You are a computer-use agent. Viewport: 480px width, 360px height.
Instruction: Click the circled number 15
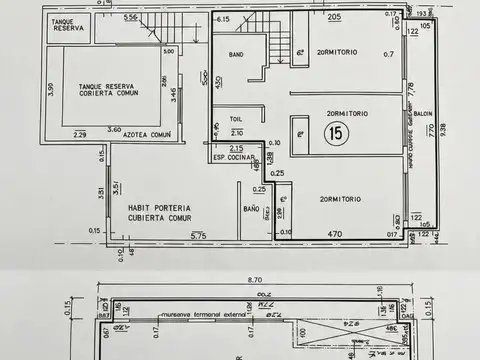[x=331, y=130]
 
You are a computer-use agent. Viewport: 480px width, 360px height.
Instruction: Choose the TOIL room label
[x=235, y=117]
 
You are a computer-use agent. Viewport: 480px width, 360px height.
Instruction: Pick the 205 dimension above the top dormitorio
[x=333, y=17]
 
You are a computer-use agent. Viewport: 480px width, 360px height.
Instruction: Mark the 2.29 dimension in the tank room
[x=80, y=135]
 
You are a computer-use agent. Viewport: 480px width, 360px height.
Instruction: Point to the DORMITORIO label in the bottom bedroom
[x=340, y=200]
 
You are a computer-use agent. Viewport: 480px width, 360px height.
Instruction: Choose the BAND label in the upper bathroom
[x=236, y=54]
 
